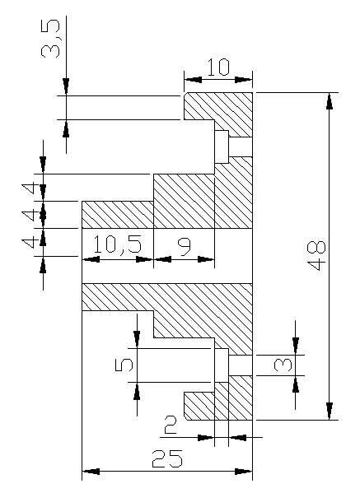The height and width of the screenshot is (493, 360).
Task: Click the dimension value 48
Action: coord(317,256)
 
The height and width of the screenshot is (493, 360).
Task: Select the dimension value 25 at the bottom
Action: coord(167,458)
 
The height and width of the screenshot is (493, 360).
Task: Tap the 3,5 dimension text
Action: coord(50,39)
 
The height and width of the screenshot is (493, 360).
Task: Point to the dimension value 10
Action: coord(218,67)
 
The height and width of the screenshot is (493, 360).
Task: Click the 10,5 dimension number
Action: coord(118,244)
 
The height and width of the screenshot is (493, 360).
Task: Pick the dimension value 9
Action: coord(185,247)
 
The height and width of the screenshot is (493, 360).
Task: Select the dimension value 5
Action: coord(124,365)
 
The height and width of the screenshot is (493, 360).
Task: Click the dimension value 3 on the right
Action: coord(283,365)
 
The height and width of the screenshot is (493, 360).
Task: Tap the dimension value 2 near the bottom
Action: coord(171,425)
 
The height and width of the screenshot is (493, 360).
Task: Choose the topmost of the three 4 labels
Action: coord(30,189)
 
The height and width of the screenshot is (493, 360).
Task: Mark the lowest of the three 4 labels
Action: coord(30,243)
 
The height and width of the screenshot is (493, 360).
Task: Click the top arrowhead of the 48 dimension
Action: coord(330,100)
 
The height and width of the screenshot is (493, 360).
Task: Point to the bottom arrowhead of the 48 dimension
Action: coord(330,412)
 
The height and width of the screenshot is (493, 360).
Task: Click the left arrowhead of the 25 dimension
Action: coord(91,472)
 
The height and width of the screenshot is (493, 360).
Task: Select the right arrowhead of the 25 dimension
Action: coord(244,472)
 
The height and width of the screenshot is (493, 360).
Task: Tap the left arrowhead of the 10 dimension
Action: coord(193,79)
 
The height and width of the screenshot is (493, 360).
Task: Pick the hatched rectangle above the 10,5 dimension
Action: coord(118,215)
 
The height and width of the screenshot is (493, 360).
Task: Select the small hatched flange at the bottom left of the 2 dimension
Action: coord(199,406)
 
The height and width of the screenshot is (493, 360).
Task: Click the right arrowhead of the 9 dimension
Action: coord(206,260)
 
